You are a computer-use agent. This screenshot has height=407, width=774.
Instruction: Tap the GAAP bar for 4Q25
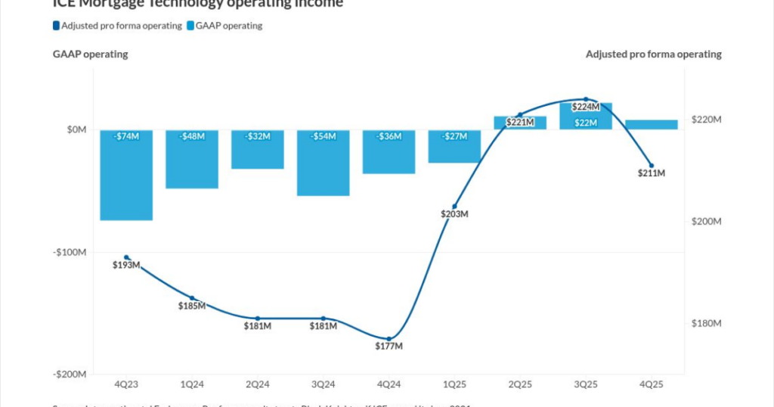click(x=652, y=125)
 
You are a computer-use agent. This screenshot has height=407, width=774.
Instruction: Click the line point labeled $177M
click(x=389, y=339)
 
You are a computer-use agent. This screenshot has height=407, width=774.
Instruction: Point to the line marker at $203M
click(x=455, y=207)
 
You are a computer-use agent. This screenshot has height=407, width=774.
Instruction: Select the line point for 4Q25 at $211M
click(x=652, y=166)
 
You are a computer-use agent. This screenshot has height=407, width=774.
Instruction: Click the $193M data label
click(x=126, y=266)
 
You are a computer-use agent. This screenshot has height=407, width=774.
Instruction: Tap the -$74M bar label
click(x=126, y=136)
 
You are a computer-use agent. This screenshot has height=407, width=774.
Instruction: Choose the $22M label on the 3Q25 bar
click(x=586, y=123)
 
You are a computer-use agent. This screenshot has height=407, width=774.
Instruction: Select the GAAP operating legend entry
click(x=224, y=26)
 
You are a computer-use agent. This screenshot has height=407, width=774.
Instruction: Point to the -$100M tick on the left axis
click(x=70, y=252)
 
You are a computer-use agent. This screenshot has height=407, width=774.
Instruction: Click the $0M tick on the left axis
click(x=76, y=129)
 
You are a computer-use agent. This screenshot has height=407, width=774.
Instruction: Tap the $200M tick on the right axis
click(x=707, y=222)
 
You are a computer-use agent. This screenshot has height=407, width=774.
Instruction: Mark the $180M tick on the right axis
click(x=707, y=324)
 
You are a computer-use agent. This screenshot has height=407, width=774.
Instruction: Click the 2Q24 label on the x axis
click(x=258, y=385)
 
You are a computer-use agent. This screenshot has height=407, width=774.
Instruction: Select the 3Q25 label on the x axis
click(x=586, y=385)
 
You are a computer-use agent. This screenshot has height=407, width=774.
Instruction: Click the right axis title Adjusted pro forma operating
click(x=653, y=54)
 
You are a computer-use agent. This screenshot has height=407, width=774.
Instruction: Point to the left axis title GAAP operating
click(x=90, y=54)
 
